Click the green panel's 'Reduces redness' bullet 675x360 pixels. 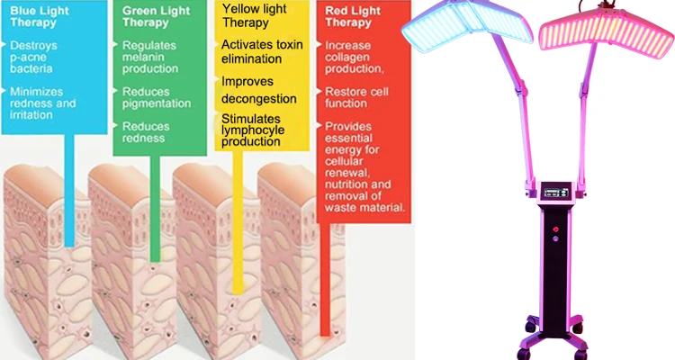point(148,132)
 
